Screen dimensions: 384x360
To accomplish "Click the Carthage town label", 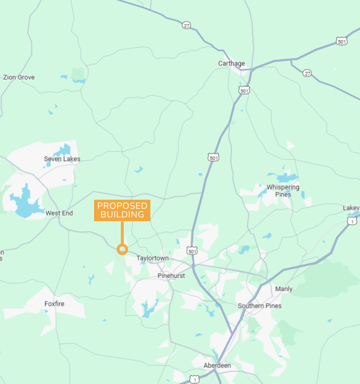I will (231, 63).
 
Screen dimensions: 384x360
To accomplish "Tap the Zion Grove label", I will (19, 77).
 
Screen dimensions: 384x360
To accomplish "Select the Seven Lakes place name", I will (62, 159).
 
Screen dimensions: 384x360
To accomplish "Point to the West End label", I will (59, 213).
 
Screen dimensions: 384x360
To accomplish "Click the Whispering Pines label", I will (283, 191).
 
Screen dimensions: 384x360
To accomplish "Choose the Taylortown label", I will (153, 258).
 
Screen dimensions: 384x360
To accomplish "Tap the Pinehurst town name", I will (171, 276).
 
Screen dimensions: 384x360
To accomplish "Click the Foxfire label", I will (54, 304).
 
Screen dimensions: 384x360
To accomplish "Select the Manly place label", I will (284, 289).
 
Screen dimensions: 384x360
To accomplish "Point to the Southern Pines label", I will (260, 306).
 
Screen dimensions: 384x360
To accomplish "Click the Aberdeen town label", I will (217, 366).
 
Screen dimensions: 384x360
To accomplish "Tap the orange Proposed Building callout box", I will (122, 210).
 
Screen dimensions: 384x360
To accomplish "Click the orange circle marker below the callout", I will (122, 249).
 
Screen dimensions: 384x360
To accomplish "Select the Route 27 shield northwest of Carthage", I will (186, 25).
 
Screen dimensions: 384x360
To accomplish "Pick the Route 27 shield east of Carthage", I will (307, 73).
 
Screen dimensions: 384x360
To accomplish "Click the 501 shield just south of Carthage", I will (244, 90).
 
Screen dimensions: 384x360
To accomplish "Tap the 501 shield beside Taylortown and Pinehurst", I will (192, 251).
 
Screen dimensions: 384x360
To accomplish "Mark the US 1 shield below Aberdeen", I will (194, 379).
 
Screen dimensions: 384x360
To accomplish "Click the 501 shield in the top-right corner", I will (342, 42).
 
